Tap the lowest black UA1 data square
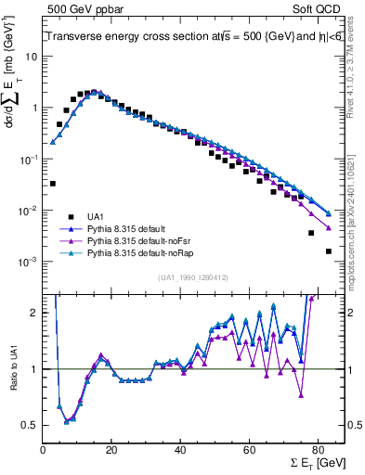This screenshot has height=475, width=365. click(x=328, y=251)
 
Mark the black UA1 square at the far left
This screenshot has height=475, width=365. click(x=53, y=184)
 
